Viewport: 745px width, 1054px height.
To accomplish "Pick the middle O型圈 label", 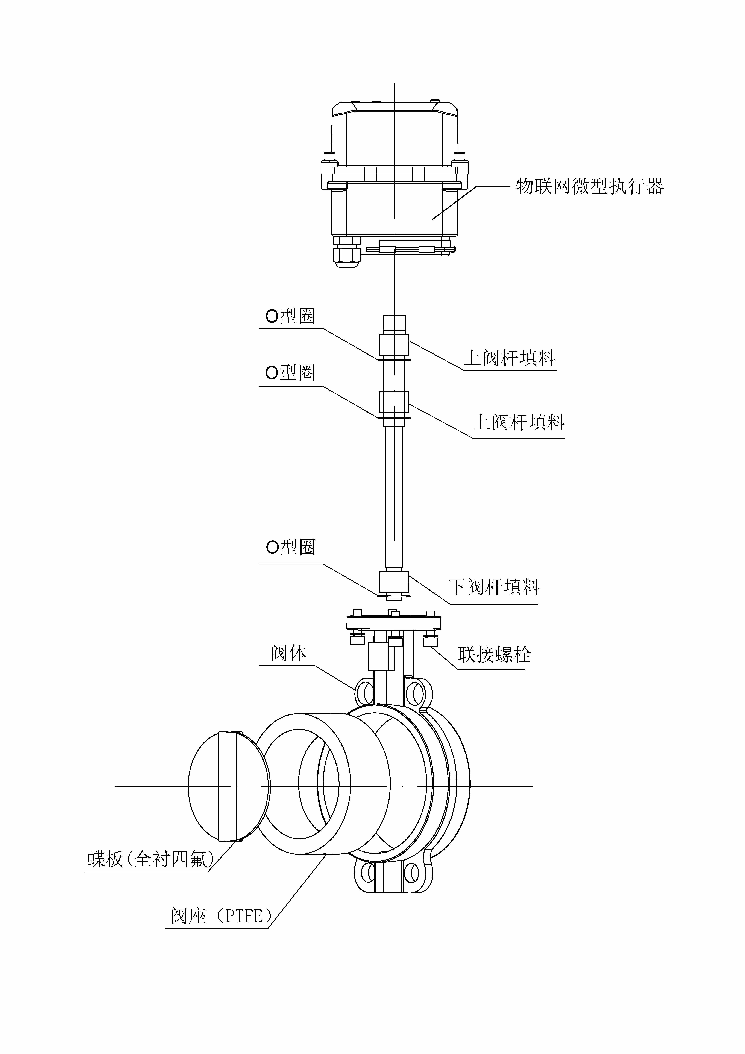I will coord(290,372).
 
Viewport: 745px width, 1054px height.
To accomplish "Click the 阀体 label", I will coord(288,653).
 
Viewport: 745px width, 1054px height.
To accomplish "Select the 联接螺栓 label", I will coord(494,655).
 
